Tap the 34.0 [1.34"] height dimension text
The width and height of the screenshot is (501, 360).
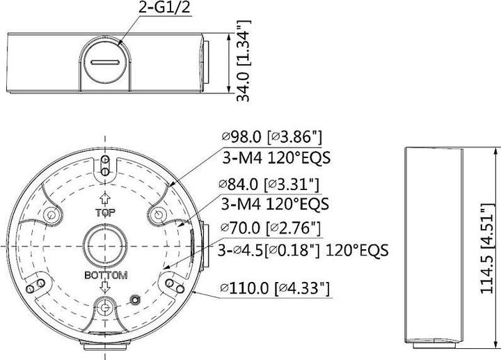(242, 61)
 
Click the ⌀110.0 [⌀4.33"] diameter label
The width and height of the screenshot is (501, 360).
(274, 288)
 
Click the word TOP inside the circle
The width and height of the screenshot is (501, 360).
(104, 212)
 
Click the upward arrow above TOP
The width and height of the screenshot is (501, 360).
(104, 198)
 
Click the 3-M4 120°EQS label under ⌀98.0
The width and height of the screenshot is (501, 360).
(276, 158)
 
